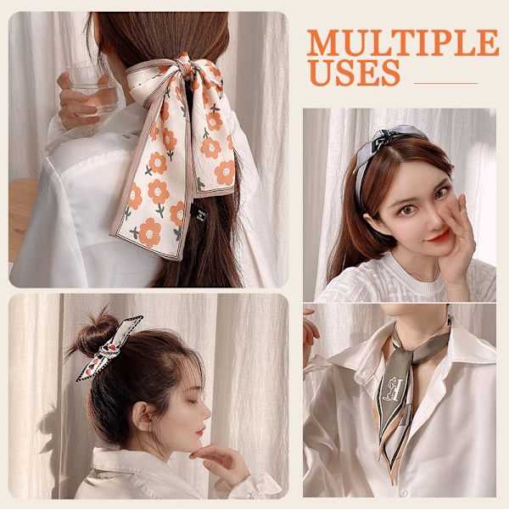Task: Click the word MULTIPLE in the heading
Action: click(402, 42)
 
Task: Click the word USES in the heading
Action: click(355, 73)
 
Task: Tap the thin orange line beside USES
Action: click(446, 83)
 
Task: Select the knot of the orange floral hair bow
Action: click(182, 65)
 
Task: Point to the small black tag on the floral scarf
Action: click(197, 213)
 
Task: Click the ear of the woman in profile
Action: click(143, 417)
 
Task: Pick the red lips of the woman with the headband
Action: click(439, 235)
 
